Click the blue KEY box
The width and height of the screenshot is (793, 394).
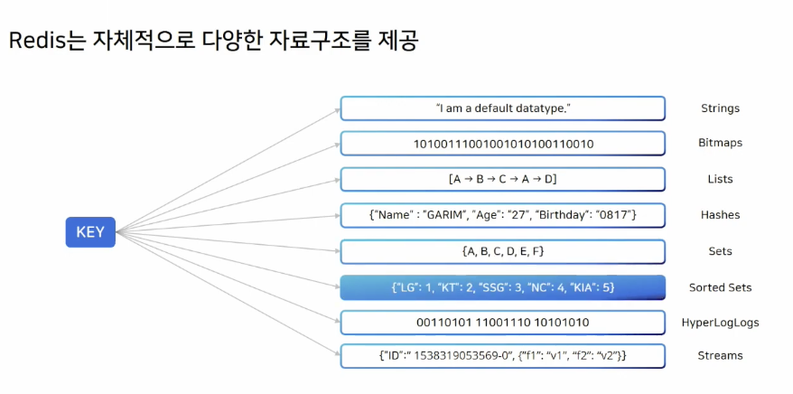(90, 232)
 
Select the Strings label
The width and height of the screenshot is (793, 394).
(720, 108)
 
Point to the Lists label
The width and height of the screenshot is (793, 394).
(720, 179)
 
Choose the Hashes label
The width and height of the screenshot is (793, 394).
(720, 215)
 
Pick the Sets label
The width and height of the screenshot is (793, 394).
(720, 251)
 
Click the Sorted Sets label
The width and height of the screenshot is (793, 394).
(720, 287)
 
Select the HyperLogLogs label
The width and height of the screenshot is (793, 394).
(720, 323)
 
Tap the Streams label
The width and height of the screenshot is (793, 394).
(720, 355)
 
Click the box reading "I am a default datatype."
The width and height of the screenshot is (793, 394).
(502, 108)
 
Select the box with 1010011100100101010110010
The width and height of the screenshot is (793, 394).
(502, 144)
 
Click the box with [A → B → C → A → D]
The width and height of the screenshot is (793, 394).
(502, 179)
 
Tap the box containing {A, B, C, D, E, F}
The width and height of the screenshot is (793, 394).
(502, 251)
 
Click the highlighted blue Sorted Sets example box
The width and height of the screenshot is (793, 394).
(502, 287)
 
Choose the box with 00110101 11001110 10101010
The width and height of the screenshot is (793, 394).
(502, 323)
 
